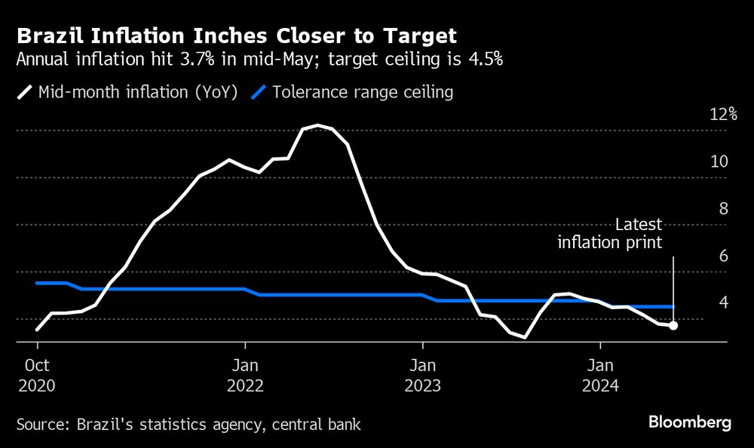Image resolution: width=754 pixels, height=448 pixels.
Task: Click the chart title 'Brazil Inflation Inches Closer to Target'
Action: tap(236, 35)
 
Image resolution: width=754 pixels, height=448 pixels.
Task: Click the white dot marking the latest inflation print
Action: tap(673, 326)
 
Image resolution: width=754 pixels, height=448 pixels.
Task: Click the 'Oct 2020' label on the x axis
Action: tap(37, 375)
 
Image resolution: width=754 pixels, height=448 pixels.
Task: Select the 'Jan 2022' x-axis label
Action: tap(244, 375)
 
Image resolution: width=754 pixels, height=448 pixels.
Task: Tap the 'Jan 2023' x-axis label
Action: tap(422, 375)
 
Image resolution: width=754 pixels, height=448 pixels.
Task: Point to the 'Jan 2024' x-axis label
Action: tap(600, 375)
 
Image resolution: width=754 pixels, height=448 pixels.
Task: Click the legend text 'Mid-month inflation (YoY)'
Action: tap(138, 93)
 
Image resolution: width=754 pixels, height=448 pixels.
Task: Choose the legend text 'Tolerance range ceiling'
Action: tap(363, 93)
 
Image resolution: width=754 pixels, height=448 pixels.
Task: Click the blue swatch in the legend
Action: tap(258, 93)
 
